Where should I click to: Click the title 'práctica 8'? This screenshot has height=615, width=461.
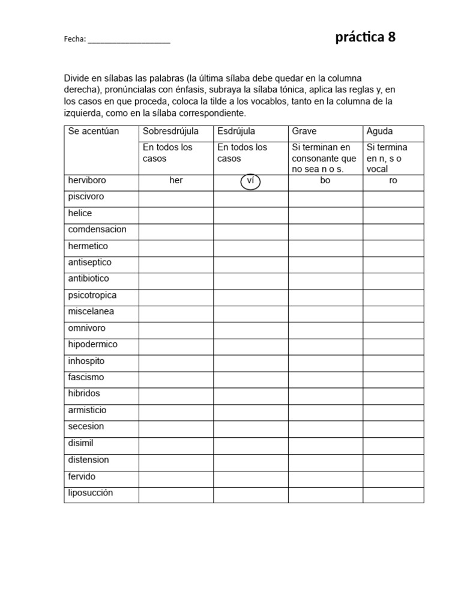click(365, 37)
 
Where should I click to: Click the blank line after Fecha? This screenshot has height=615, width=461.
click(129, 40)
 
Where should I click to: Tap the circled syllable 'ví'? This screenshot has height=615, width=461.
click(250, 181)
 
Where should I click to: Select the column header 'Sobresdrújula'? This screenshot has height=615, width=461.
click(170, 131)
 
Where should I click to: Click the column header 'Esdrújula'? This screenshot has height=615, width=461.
click(236, 131)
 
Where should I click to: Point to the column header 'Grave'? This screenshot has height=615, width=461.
click(304, 131)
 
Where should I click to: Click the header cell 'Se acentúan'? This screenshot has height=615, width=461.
click(94, 131)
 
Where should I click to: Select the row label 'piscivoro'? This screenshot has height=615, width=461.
click(86, 197)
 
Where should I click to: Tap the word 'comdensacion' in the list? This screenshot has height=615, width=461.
click(97, 229)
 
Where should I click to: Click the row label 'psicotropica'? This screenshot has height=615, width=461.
click(92, 295)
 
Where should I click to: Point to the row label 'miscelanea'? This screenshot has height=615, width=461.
click(91, 312)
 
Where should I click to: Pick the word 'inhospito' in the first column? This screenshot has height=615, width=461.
click(86, 361)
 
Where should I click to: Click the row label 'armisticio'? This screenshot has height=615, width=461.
click(87, 410)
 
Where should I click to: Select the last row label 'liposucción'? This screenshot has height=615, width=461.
click(90, 492)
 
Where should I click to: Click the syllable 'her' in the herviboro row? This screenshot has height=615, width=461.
click(176, 181)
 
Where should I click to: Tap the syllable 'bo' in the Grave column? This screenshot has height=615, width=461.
click(325, 181)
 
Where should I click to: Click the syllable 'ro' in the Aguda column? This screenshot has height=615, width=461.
click(393, 181)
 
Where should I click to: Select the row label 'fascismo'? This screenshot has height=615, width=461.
click(86, 377)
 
